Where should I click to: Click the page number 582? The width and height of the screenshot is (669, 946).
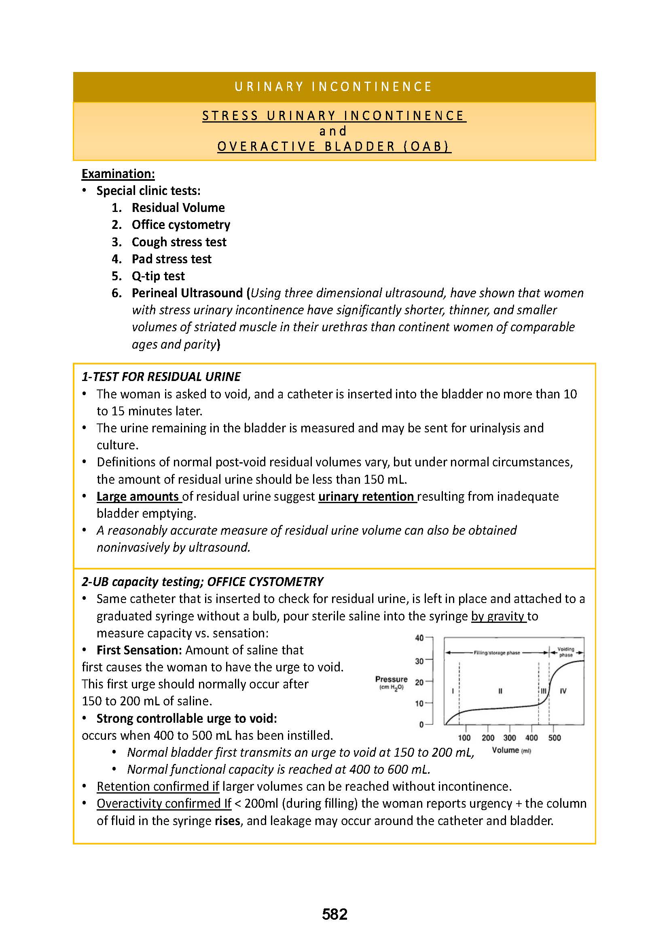point(334,914)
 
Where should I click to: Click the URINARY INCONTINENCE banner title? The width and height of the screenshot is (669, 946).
point(334,87)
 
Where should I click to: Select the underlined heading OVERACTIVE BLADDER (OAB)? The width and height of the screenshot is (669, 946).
point(334,147)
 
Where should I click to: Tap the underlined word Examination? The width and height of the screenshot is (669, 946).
point(118,174)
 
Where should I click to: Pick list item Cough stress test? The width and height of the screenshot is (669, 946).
point(179,242)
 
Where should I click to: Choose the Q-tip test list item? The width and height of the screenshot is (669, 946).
point(158,276)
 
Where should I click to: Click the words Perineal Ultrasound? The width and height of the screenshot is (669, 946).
point(187,293)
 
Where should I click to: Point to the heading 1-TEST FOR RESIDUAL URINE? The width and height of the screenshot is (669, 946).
point(161,377)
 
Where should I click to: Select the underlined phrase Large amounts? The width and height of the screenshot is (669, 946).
point(138,497)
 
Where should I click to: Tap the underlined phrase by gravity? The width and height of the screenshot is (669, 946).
point(498,616)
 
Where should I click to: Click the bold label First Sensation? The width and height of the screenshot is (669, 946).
point(139,650)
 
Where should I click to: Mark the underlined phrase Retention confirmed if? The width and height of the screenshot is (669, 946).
point(158,786)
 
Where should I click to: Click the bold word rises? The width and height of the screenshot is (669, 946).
point(227,821)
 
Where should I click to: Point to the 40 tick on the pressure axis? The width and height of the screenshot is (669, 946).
point(419,638)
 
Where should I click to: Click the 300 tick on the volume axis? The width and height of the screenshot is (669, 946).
point(510,738)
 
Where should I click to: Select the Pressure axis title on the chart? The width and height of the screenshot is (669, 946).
point(392,679)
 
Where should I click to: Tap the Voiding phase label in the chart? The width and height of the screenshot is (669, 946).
point(565,652)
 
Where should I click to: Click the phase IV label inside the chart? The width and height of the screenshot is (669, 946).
point(563,691)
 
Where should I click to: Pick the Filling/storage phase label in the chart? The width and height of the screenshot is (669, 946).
point(497,653)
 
